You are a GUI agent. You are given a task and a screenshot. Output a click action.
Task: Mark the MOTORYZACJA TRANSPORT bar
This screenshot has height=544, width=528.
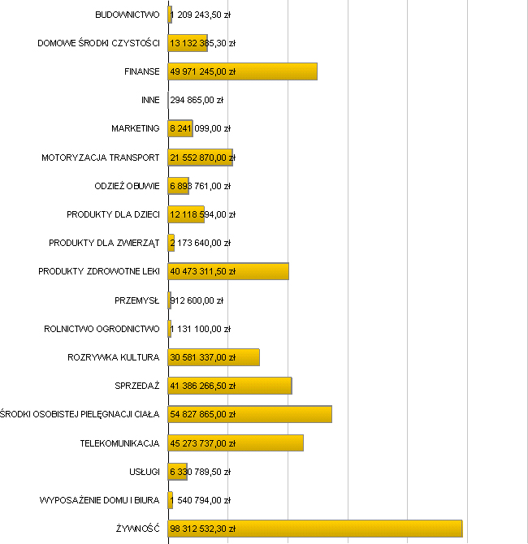201,158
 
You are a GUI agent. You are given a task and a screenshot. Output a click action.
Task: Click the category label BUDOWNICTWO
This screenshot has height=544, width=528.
127,15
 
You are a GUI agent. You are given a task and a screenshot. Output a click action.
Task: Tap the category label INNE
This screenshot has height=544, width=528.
150,100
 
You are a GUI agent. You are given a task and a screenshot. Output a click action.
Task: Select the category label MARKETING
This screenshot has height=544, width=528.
136,128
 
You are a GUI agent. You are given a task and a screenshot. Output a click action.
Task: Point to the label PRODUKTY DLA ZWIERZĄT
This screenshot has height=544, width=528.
104,243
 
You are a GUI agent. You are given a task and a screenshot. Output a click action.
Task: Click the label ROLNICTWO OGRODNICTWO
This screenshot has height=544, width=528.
102,329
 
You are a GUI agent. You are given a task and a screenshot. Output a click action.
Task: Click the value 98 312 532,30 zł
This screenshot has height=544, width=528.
202,529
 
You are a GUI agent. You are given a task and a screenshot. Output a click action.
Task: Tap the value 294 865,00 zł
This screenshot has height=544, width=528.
197,100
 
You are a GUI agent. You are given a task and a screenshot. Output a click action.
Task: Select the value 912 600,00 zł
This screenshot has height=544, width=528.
197,300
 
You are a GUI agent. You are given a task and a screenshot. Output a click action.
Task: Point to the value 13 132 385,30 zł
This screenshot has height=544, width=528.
202,43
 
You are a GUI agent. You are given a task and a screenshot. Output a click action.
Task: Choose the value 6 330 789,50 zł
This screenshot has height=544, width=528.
200,472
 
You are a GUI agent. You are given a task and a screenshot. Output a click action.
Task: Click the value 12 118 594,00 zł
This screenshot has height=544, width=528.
202,214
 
